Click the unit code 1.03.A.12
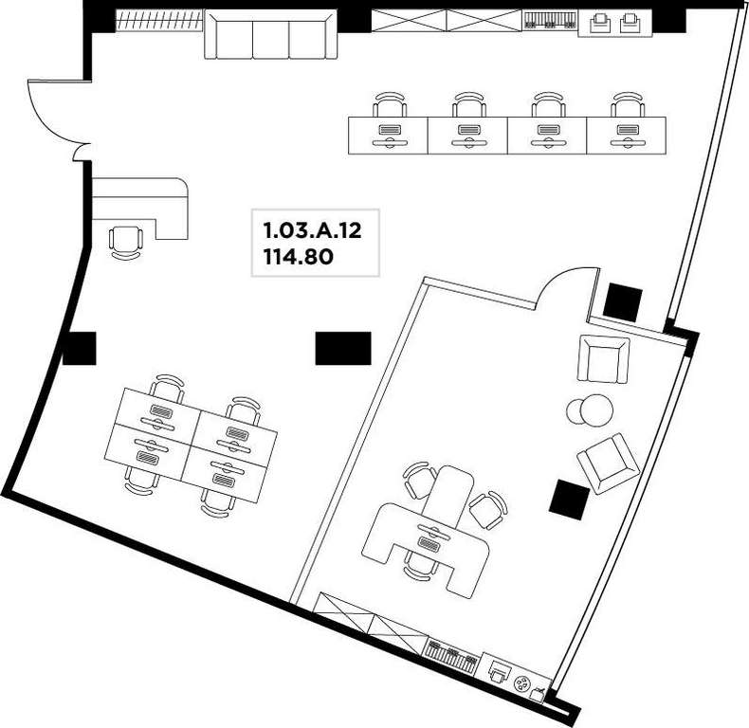[x=313, y=231]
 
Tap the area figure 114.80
[x=299, y=258]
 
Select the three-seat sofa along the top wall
[x=271, y=35]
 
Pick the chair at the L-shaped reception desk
[x=126, y=242]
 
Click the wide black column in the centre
[x=343, y=348]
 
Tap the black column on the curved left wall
[x=80, y=348]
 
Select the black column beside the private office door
[x=622, y=302]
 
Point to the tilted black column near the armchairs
[x=569, y=500]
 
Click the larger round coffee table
[x=596, y=410]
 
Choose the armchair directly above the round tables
[x=603, y=358]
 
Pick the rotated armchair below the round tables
[x=608, y=463]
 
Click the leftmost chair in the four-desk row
[x=390, y=105]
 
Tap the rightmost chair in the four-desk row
[x=628, y=105]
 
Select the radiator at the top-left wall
[x=159, y=21]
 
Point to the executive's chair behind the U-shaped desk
[x=421, y=564]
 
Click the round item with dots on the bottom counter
[x=521, y=684]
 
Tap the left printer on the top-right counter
[x=599, y=23]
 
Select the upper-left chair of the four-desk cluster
[x=166, y=388]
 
